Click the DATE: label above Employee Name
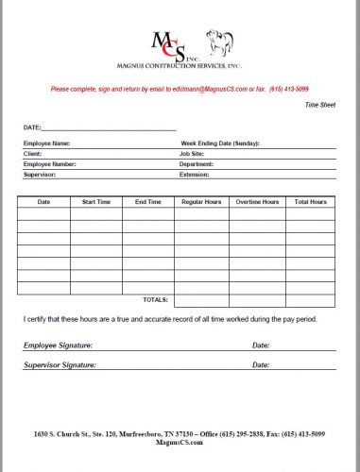[32, 126]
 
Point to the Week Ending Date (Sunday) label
[220, 143]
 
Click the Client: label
[33, 154]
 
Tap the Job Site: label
[194, 154]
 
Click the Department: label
[199, 164]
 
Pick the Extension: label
[195, 175]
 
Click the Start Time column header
[96, 202]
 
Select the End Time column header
[148, 202]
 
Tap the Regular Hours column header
[201, 202]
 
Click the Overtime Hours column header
[257, 202]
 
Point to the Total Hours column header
[311, 202]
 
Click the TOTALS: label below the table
[155, 298]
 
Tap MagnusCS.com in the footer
[180, 442]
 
